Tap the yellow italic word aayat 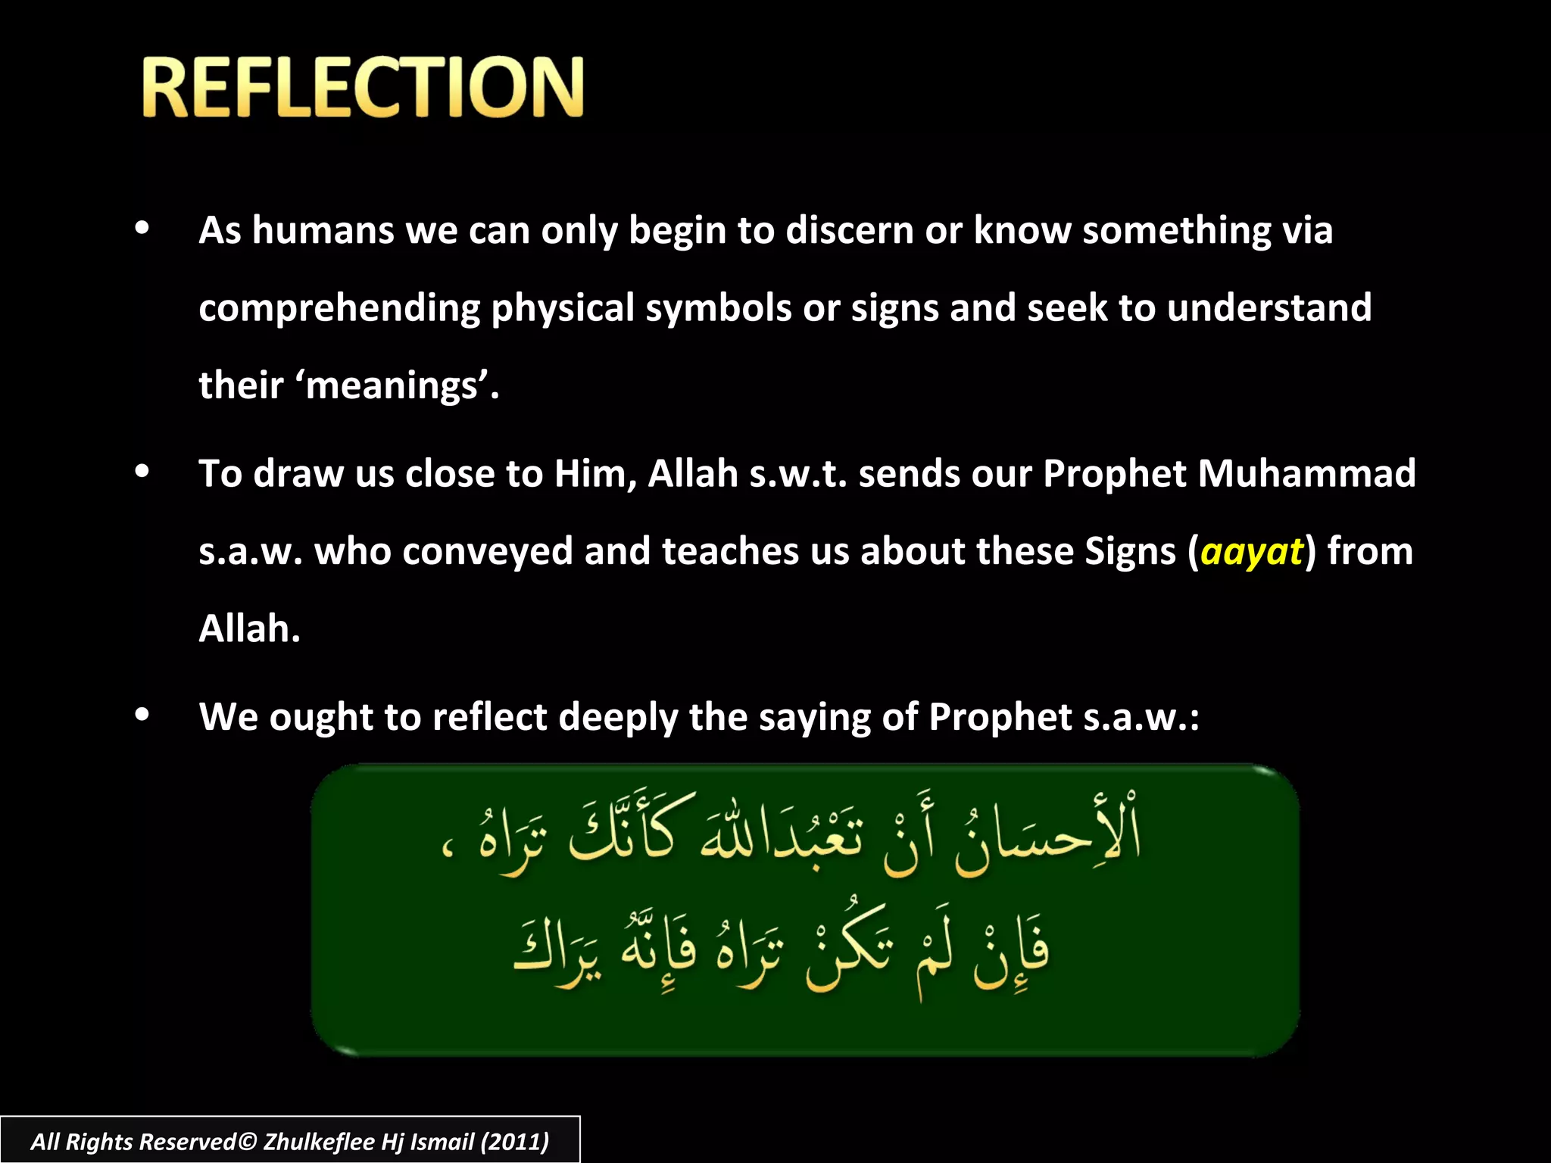(1251, 551)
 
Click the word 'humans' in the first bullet (323, 230)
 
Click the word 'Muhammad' (1306, 474)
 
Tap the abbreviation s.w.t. (797, 474)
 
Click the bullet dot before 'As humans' (142, 229)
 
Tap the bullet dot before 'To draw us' (142, 472)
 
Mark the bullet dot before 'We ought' (142, 716)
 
